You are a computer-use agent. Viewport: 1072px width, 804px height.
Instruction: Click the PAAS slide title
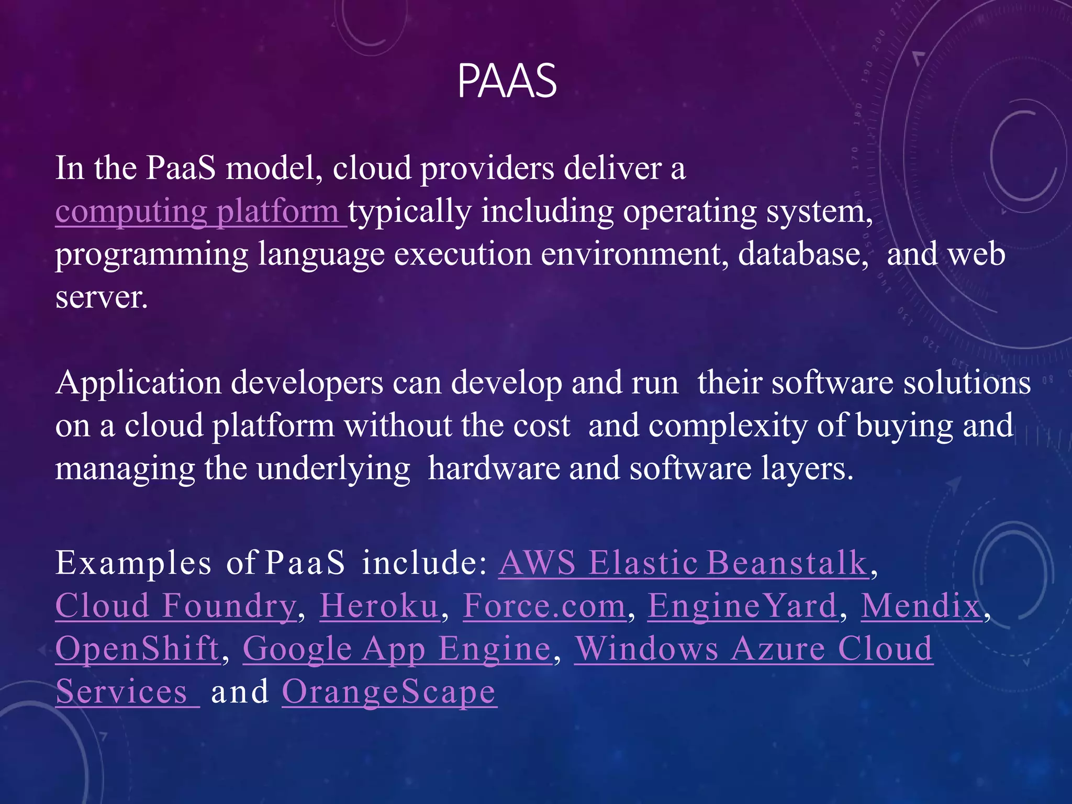click(507, 81)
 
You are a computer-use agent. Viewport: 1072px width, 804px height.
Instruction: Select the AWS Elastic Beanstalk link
click(683, 563)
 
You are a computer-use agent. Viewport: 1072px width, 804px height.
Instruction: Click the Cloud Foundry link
click(176, 606)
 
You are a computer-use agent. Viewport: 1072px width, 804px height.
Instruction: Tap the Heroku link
click(379, 606)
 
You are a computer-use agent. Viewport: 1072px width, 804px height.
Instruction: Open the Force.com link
click(544, 606)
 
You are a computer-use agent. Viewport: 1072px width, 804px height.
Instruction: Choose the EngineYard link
click(742, 606)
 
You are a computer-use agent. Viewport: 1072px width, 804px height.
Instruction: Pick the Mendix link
click(921, 606)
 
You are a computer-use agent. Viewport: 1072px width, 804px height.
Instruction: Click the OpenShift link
click(138, 649)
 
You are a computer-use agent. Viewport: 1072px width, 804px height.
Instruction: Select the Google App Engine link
click(397, 649)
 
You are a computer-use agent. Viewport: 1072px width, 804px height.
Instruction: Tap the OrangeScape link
click(389, 692)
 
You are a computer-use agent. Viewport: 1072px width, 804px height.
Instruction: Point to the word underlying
click(333, 469)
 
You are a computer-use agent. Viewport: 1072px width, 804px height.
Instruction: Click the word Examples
click(133, 563)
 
